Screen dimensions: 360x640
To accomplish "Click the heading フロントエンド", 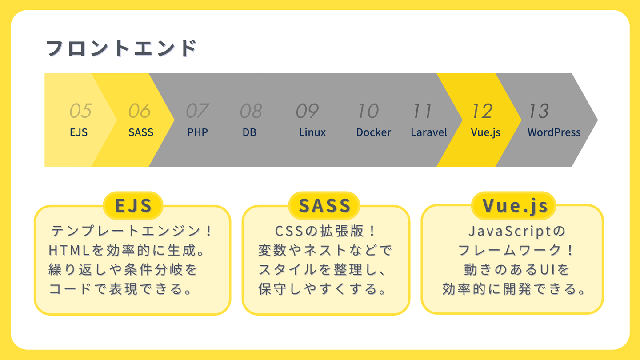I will point(121,48).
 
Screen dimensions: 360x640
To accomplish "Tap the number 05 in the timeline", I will point(80,111).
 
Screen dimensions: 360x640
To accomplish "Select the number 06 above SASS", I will point(140,111).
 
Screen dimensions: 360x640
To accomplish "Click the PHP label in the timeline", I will point(197,132).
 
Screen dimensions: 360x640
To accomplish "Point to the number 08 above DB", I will point(251,111).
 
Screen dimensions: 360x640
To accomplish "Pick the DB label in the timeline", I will point(249,132).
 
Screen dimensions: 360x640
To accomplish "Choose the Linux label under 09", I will point(312,132).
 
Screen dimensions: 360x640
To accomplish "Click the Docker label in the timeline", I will point(373,132).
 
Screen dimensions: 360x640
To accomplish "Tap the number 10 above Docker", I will point(368,111).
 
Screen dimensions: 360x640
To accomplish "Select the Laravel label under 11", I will point(429,132).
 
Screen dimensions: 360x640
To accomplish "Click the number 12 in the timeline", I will point(482,111).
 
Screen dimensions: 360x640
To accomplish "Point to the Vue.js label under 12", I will point(486,132).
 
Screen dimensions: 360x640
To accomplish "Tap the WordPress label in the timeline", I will point(554,132).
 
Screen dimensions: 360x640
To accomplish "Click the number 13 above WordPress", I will point(538,111).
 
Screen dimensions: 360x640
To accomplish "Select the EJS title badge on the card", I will point(133,206).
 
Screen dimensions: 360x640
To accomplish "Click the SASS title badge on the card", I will point(324,206).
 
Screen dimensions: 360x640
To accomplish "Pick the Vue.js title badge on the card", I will point(514,206).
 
